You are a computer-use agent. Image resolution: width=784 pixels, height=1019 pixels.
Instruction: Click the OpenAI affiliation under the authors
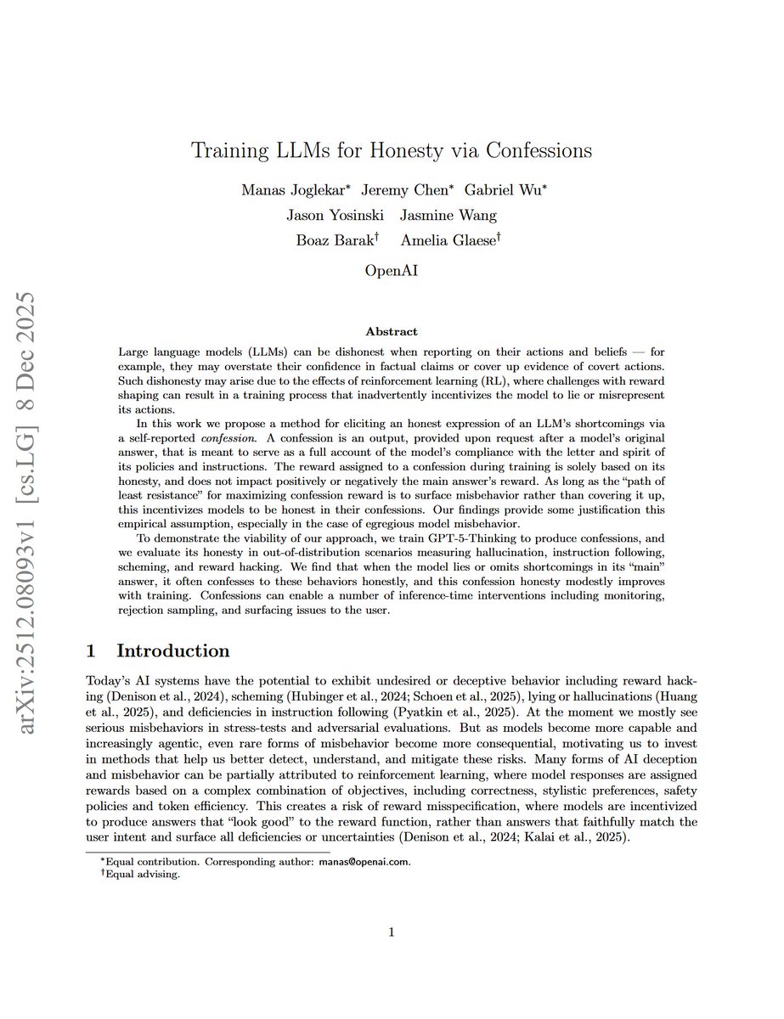tap(392, 273)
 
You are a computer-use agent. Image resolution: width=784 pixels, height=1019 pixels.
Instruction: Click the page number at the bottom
tap(392, 933)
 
